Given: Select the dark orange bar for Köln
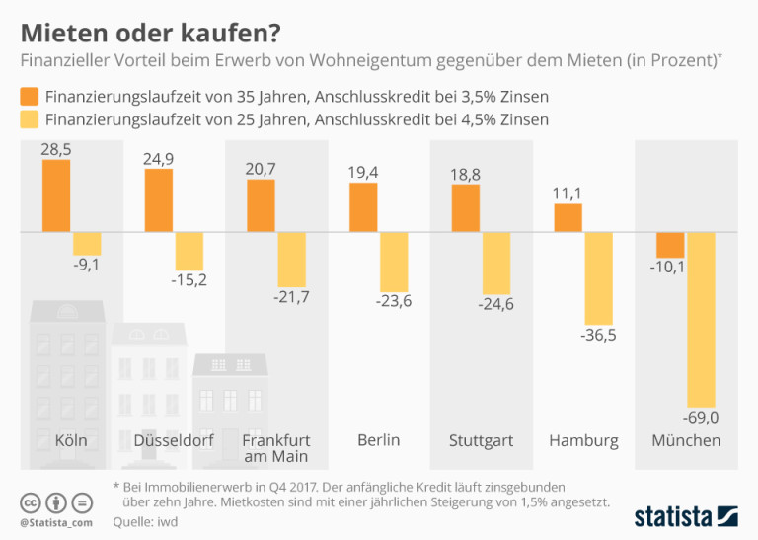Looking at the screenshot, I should pyautogui.click(x=56, y=195).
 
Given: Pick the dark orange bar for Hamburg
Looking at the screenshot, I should pyautogui.click(x=568, y=218).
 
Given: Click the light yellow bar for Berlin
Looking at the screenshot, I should pyautogui.click(x=394, y=262).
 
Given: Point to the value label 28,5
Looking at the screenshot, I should pyautogui.click(x=56, y=148).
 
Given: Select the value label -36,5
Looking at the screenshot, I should pyautogui.click(x=597, y=336).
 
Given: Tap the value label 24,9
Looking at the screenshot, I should pyautogui.click(x=158, y=157).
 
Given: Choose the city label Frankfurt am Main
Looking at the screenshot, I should pyautogui.click(x=276, y=448).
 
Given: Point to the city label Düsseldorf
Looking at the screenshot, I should pyautogui.click(x=174, y=440).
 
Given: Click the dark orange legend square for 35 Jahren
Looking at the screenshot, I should pyautogui.click(x=29, y=97).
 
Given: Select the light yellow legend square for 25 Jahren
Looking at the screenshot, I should pyautogui.click(x=29, y=119).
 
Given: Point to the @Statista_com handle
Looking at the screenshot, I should pyautogui.click(x=55, y=521).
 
